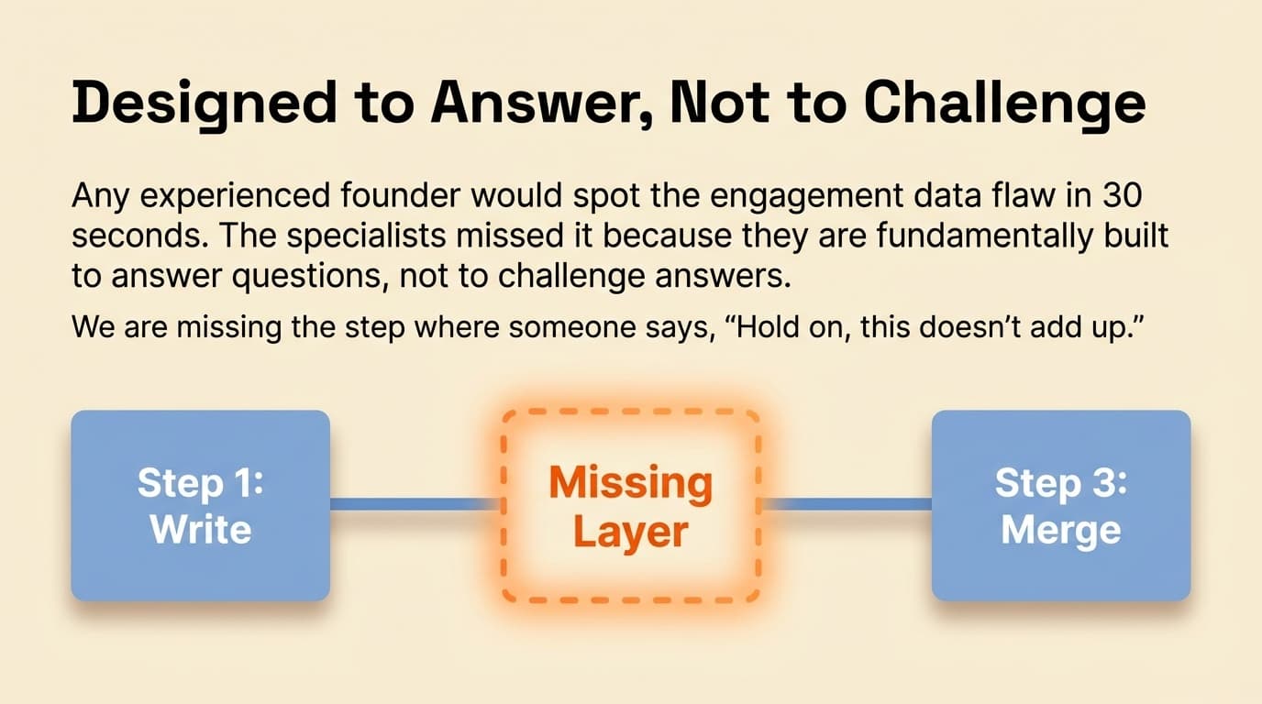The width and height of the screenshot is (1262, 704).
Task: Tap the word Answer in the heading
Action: point(537,104)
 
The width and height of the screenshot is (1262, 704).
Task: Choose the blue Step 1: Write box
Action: point(200,505)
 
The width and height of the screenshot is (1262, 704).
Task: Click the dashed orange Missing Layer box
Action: point(631,505)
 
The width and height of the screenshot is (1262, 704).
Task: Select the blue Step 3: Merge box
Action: point(1061,505)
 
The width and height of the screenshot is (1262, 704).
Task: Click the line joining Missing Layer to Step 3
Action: point(847,503)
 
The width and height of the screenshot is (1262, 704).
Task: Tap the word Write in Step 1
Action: point(200,530)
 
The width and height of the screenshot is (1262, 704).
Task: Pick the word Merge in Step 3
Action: point(1061,530)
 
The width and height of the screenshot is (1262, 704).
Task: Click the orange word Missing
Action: point(631,483)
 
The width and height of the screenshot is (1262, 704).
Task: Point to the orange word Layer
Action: point(631,532)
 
